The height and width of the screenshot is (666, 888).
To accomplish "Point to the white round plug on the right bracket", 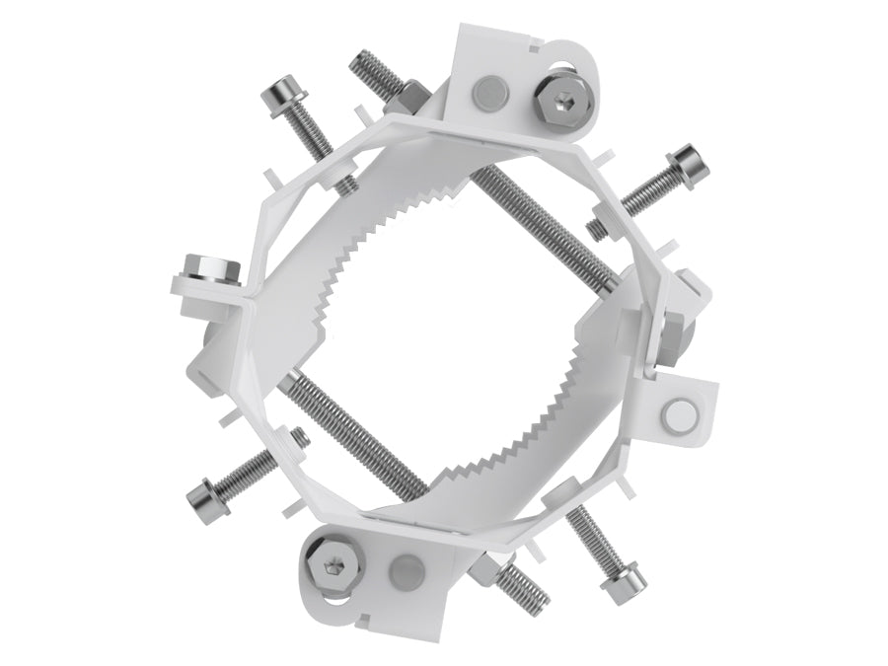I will tap(680, 414).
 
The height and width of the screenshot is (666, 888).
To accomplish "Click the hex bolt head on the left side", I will tap(211, 267).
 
